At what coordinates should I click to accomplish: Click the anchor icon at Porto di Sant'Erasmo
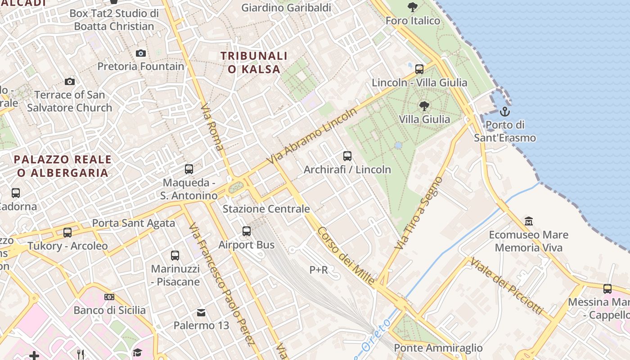tap(505, 111)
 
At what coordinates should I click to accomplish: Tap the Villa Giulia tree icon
tap(423, 106)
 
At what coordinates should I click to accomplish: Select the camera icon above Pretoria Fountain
tap(141, 53)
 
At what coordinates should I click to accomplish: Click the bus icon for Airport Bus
tap(247, 231)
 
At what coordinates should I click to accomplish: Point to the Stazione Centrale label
tap(266, 209)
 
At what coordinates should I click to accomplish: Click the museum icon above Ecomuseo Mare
tap(529, 221)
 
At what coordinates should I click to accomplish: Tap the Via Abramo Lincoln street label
tap(311, 136)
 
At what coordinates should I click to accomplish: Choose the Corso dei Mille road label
tap(346, 256)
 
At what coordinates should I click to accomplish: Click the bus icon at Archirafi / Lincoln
tap(347, 156)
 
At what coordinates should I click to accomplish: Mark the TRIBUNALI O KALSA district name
tap(254, 63)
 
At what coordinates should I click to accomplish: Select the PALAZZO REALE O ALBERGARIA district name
tap(63, 166)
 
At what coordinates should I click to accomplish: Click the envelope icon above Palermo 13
tap(201, 312)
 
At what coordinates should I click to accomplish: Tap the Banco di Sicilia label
tap(109, 310)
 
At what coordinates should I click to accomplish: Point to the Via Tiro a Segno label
tap(419, 213)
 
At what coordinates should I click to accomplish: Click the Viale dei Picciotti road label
tap(507, 286)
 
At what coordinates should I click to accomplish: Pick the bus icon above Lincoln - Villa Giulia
tap(419, 69)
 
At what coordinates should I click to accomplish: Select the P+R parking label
tap(319, 270)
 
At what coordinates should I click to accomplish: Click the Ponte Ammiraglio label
tap(438, 348)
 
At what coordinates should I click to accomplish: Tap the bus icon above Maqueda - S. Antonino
tap(189, 169)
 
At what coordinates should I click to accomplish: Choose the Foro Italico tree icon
tap(412, 7)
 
